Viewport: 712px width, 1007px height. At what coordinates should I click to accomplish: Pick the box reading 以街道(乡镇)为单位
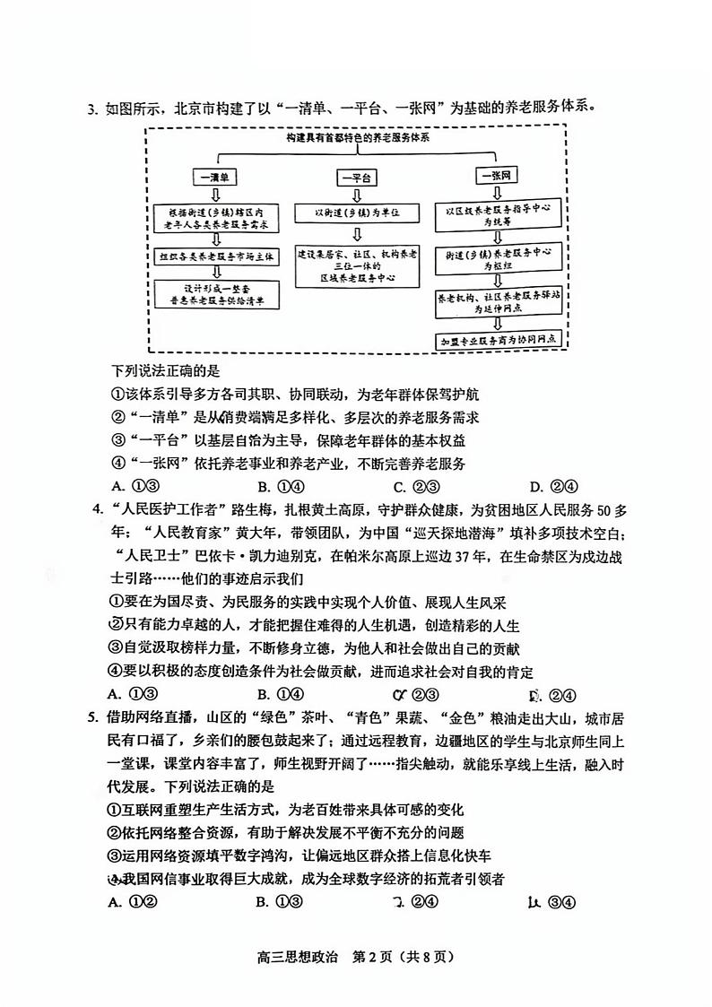point(356,213)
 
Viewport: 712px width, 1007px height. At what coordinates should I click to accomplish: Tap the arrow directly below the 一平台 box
point(356,194)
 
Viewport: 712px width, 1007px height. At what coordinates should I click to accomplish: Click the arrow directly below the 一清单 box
point(214,194)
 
